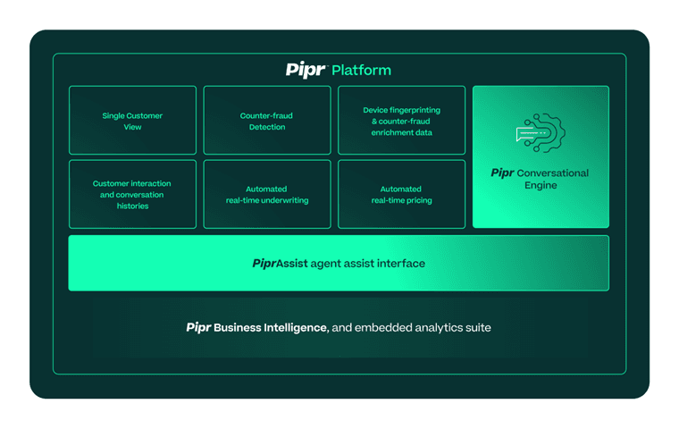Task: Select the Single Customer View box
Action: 132,121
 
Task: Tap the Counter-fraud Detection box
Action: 267,121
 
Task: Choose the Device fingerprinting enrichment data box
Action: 401,121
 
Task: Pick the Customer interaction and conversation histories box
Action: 132,194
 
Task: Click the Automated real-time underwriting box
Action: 267,194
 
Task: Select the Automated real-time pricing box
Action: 401,194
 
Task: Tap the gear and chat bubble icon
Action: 541,132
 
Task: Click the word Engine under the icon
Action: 541,185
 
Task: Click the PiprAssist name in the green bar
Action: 280,264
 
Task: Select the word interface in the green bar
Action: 399,264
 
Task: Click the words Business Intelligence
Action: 270,327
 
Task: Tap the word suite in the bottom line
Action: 474,327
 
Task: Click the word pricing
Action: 417,200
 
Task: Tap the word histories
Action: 131,206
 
